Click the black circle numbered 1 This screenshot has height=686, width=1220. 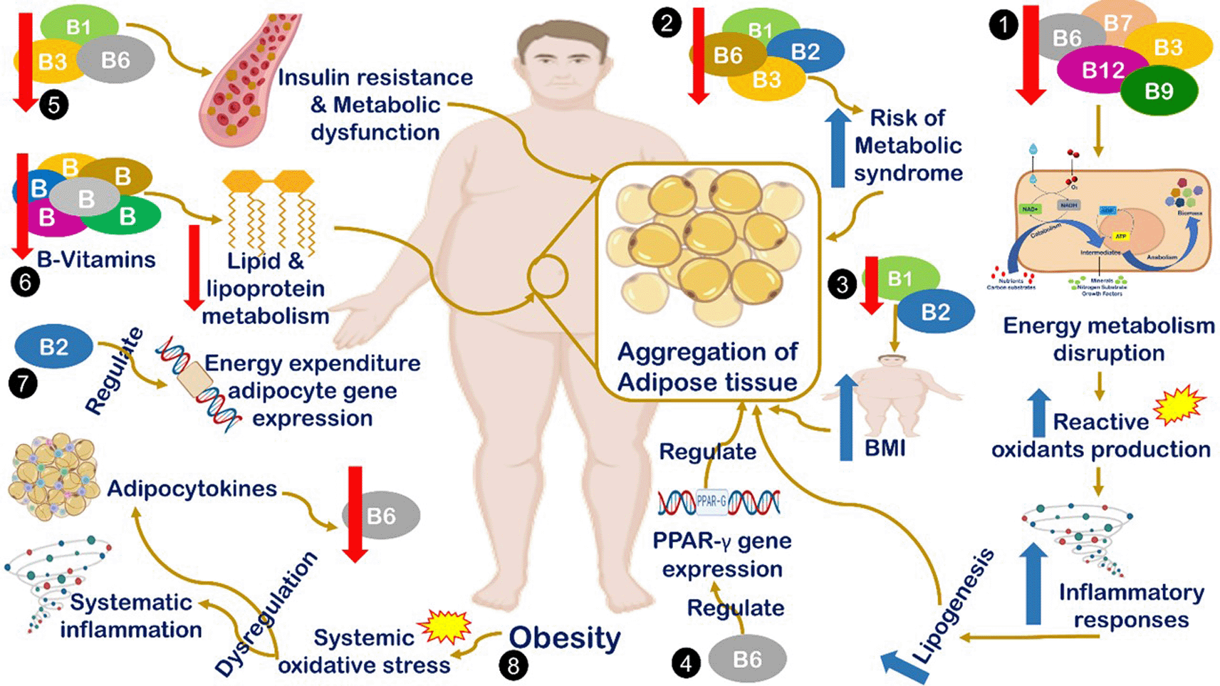(x=1003, y=26)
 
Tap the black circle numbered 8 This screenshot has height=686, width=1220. (x=513, y=665)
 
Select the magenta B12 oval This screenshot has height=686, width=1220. (x=1102, y=71)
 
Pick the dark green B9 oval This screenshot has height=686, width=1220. (x=1159, y=91)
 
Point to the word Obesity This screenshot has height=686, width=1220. (x=565, y=638)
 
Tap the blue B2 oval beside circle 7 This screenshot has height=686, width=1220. (x=53, y=347)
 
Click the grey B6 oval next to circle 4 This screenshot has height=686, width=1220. (x=747, y=659)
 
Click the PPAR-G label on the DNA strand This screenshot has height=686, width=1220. (x=711, y=501)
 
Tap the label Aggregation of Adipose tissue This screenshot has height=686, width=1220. (x=707, y=367)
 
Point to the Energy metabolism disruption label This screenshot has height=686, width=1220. (x=1108, y=339)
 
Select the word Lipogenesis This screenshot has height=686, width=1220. (x=953, y=606)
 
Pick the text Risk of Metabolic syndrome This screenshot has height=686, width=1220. (x=908, y=145)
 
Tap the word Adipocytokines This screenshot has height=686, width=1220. (x=192, y=489)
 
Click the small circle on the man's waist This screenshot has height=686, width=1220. (x=547, y=276)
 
